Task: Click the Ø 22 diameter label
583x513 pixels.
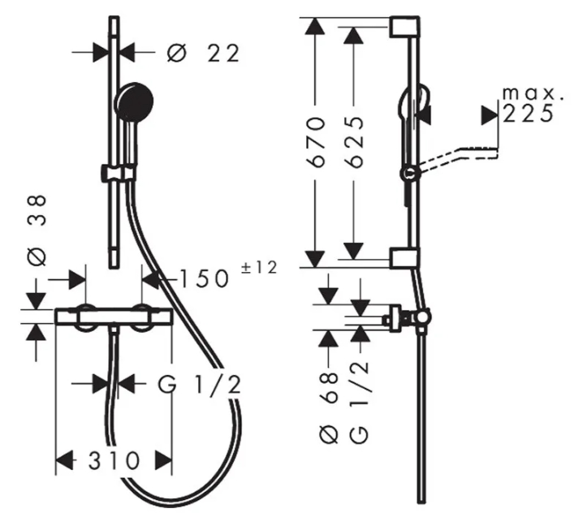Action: (x=203, y=53)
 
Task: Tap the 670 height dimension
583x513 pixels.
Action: (x=315, y=141)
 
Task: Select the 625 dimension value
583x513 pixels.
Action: (x=353, y=141)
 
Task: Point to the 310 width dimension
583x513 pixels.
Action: (x=114, y=461)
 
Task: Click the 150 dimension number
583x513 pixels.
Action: (x=204, y=278)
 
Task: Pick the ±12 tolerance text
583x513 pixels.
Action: (x=259, y=268)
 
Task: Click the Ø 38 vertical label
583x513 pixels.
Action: (x=37, y=230)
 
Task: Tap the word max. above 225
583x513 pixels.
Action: (x=533, y=93)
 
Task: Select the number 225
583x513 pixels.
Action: (x=528, y=114)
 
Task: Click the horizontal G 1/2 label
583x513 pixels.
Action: (x=200, y=385)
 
